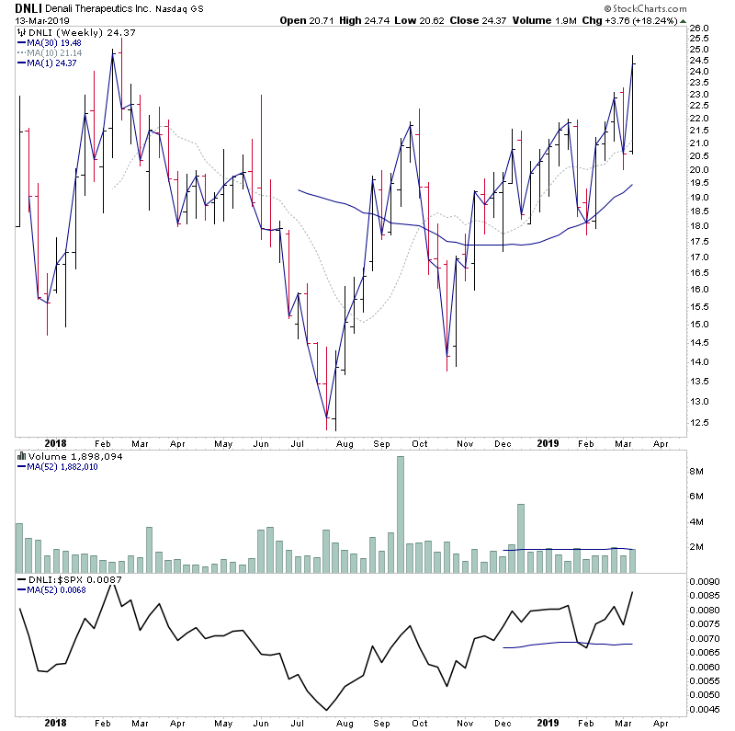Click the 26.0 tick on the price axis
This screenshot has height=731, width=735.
pos(701,29)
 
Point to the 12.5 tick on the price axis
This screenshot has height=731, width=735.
pos(701,423)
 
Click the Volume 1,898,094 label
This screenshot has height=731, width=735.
pos(64,456)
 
